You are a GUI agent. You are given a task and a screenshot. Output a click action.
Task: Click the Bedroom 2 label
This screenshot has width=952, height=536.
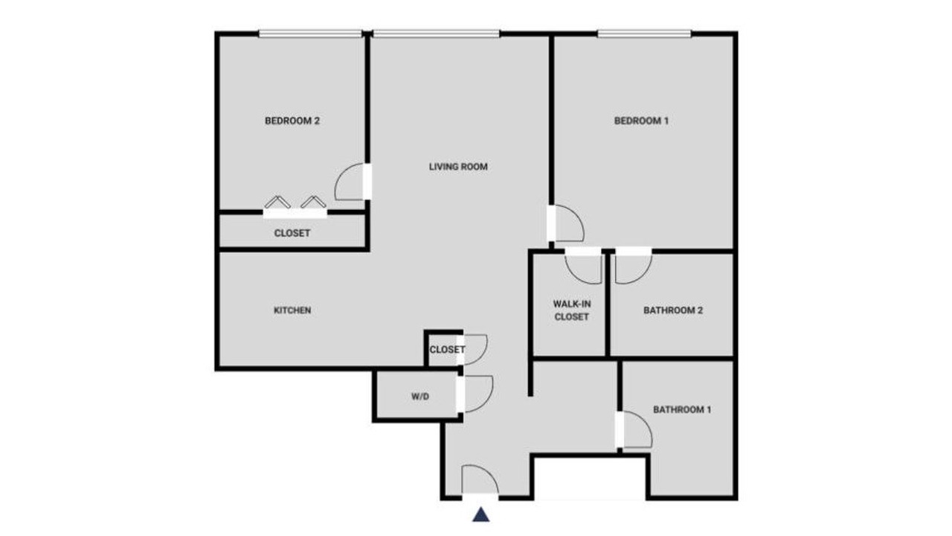point(292,121)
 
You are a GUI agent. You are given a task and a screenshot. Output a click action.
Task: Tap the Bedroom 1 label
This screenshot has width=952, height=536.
point(641,121)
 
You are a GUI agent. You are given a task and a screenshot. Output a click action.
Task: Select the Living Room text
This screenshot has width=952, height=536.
point(458,167)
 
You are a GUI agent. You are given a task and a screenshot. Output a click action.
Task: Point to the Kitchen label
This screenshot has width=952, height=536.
point(292,310)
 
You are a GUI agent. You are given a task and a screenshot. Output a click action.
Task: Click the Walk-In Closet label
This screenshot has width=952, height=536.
point(572,310)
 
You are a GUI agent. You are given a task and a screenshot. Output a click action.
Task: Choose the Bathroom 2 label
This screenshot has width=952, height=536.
point(673,310)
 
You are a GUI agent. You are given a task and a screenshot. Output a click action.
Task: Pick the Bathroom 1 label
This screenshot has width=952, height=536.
point(682,409)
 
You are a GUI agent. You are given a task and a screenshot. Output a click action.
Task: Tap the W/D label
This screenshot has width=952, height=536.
point(420,397)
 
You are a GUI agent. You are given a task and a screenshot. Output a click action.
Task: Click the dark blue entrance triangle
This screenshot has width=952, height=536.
point(480,514)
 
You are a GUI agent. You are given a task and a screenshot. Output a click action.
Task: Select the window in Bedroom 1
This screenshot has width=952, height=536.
point(644,33)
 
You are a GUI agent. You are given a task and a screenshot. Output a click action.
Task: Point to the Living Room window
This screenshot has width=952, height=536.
point(436,33)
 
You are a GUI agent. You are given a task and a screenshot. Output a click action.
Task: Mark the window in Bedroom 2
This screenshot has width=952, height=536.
point(310,33)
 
